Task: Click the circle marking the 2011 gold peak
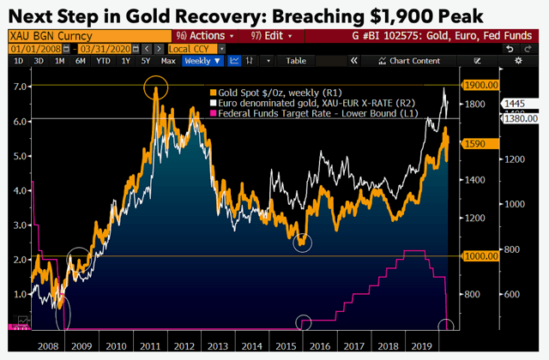(x=155, y=87)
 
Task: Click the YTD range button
(x=103, y=61)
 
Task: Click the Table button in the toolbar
(x=295, y=61)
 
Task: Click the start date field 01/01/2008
(x=29, y=48)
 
